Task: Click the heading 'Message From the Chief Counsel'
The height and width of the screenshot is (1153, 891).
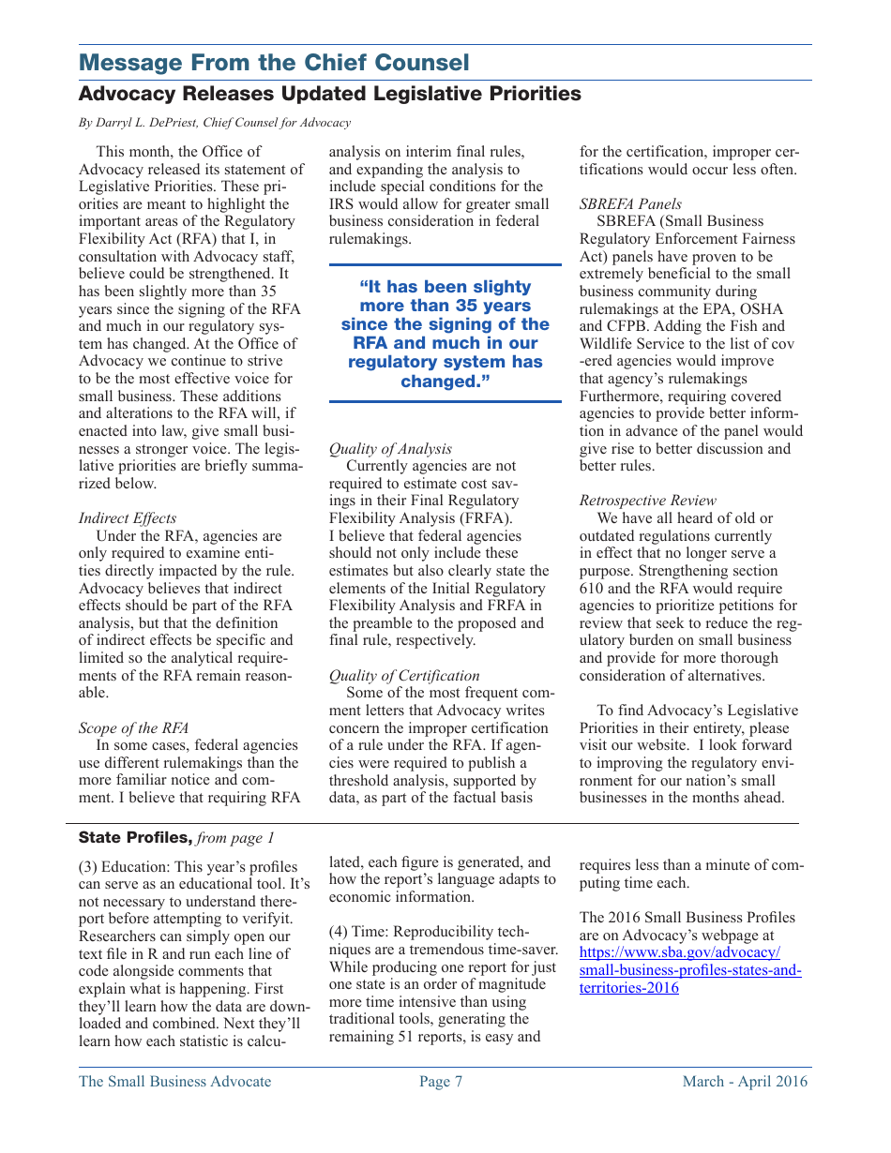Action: click(x=274, y=63)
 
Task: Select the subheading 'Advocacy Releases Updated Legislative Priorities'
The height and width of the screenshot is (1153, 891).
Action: click(x=329, y=94)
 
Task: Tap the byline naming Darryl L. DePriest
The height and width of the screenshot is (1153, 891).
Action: click(x=215, y=123)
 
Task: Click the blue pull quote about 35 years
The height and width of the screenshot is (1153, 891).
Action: click(x=445, y=334)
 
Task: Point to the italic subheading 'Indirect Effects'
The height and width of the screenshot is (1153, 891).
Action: click(x=128, y=518)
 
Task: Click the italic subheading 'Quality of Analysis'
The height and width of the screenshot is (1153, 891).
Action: click(x=390, y=449)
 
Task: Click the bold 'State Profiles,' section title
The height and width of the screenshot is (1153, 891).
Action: click(x=135, y=837)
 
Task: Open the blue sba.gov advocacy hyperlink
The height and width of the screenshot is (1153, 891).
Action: click(x=689, y=970)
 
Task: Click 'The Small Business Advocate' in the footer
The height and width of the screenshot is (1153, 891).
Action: click(x=175, y=1082)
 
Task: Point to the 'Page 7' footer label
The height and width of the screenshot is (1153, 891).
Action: click(x=441, y=1082)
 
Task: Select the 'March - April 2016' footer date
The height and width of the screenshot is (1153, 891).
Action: click(x=745, y=1082)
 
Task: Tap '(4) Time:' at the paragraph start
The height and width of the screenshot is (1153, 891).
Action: click(x=359, y=932)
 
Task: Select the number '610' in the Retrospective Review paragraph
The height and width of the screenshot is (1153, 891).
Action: click(x=592, y=589)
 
